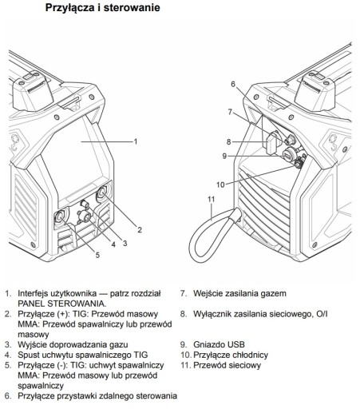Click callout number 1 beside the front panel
pos(136,141)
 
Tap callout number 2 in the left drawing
pos(140,229)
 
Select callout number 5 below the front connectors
pos(97,255)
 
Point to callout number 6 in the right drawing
pos(233,84)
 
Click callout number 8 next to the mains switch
pos(229,142)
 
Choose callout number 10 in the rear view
pos(221,185)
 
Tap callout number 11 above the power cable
pos(211,199)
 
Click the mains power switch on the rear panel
pos(272,143)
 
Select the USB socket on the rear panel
pos(287,154)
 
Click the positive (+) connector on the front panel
pos(102,193)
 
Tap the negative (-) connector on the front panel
pos(59,216)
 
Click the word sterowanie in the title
pos(132,7)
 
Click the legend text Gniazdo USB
pos(219,344)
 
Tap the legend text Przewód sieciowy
pos(227,365)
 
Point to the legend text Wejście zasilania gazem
pos(239,293)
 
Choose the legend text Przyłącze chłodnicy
pos(231,355)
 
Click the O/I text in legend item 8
pos(322,314)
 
